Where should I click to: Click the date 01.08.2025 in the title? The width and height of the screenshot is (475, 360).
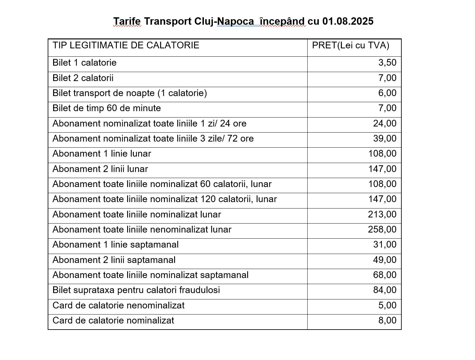pos(348,21)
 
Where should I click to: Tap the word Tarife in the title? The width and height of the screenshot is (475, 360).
pos(127,21)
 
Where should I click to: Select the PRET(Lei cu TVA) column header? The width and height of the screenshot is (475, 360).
pos(350,45)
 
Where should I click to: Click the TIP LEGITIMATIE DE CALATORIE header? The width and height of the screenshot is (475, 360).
pos(126,45)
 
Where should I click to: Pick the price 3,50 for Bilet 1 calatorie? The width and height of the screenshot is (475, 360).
pos(387,63)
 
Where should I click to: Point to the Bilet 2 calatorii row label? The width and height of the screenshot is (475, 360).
pos(83,78)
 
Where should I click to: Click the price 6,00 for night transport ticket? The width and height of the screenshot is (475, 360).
pos(387,93)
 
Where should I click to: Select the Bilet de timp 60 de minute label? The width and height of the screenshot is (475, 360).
pos(107,108)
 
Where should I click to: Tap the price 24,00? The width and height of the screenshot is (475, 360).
pos(385,124)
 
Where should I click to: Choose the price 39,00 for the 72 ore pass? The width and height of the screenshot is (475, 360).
pos(385,139)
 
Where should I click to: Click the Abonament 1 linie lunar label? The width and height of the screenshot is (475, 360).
pos(102,154)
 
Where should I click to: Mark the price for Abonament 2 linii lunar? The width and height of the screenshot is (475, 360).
pos(382,169)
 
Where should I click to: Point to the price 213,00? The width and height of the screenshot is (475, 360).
pos(382,215)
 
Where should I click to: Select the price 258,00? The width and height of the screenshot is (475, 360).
pos(382,230)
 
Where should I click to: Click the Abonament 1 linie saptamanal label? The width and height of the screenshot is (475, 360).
pos(116,245)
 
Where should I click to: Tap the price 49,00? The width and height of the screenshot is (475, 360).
pos(385,260)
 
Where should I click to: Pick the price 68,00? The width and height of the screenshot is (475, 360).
pos(385,275)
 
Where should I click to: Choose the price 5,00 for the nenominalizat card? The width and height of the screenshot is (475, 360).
pos(387,306)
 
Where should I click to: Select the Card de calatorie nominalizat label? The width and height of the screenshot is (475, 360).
pos(113,321)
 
